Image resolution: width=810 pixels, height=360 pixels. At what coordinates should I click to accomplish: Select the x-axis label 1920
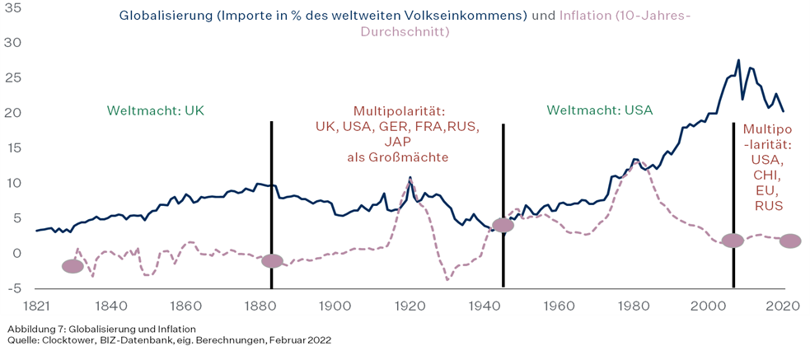[x=410, y=306]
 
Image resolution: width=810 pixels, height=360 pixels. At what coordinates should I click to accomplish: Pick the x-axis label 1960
[x=559, y=306]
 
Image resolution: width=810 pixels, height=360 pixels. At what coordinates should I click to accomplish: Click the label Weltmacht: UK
[x=155, y=110]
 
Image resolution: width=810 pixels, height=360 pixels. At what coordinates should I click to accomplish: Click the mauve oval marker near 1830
[x=73, y=266]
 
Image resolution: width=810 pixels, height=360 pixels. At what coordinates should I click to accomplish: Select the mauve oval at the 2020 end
[x=789, y=241]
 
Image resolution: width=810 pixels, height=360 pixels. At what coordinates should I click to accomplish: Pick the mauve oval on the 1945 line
[x=503, y=225]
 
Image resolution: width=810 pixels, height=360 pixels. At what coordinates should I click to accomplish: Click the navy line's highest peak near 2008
[x=738, y=60]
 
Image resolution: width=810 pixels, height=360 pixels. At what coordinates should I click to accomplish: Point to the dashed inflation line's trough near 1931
[x=447, y=280]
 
